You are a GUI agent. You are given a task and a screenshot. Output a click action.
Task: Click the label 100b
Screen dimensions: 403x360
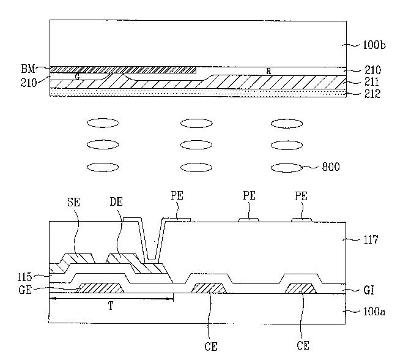click(x=374, y=45)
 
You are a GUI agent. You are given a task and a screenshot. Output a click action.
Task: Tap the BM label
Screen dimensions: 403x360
click(x=28, y=69)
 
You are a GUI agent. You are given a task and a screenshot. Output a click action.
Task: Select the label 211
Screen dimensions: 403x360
click(x=372, y=82)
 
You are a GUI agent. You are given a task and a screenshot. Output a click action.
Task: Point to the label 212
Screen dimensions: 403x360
click(x=372, y=94)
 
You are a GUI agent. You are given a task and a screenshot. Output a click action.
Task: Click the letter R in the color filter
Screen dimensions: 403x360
click(x=268, y=71)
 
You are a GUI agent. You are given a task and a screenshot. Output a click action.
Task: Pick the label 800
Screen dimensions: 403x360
click(x=331, y=167)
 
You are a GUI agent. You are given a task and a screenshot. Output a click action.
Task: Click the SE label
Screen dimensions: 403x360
click(x=74, y=202)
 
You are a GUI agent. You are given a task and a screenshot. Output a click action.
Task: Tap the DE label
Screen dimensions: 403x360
click(x=116, y=202)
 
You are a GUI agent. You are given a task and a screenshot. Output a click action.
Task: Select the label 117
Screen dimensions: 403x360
click(x=371, y=240)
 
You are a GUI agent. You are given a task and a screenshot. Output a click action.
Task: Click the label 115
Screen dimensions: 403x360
click(x=24, y=277)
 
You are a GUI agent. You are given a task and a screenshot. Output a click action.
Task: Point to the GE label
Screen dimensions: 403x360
click(x=25, y=290)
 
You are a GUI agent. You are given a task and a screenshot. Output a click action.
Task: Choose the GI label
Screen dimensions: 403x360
click(x=368, y=291)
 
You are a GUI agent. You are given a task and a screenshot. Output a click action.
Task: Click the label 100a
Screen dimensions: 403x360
click(x=374, y=312)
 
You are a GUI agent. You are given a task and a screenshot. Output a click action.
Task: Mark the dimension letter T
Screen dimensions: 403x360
click(x=111, y=306)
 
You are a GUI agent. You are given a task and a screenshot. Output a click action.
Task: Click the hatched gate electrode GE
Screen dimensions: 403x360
click(x=100, y=288)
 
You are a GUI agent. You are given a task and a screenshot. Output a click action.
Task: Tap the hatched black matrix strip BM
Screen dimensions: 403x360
click(x=123, y=70)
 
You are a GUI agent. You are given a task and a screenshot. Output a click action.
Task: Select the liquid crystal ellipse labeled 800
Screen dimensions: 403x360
click(x=287, y=168)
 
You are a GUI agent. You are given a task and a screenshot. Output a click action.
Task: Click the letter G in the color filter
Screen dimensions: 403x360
click(x=78, y=77)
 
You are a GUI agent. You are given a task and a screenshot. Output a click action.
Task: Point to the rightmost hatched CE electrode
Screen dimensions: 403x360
click(x=300, y=288)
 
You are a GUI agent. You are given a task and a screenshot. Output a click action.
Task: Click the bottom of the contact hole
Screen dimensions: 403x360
click(x=152, y=260)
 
